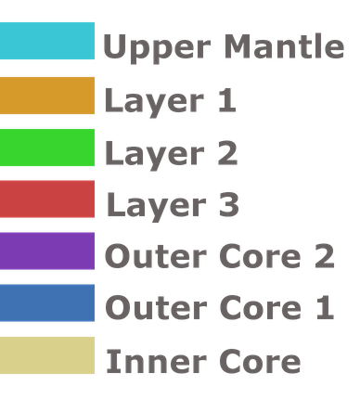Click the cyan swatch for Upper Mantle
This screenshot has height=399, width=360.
pyautogui.click(x=47, y=42)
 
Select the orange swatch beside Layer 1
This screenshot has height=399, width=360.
pyautogui.click(x=47, y=95)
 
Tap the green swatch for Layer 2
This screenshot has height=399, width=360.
pyautogui.click(x=47, y=148)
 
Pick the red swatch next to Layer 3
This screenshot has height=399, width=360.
pyautogui.click(x=47, y=199)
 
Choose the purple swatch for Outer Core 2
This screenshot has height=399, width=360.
pyautogui.click(x=47, y=251)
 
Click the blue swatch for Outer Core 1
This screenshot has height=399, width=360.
pyautogui.click(x=47, y=303)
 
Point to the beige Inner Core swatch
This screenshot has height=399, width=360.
pyautogui.click(x=47, y=355)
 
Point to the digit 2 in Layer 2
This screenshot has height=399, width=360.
pyautogui.click(x=227, y=152)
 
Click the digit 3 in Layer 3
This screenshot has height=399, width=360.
pyautogui.click(x=228, y=204)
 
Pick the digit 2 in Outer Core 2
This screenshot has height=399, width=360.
pyautogui.click(x=322, y=256)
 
